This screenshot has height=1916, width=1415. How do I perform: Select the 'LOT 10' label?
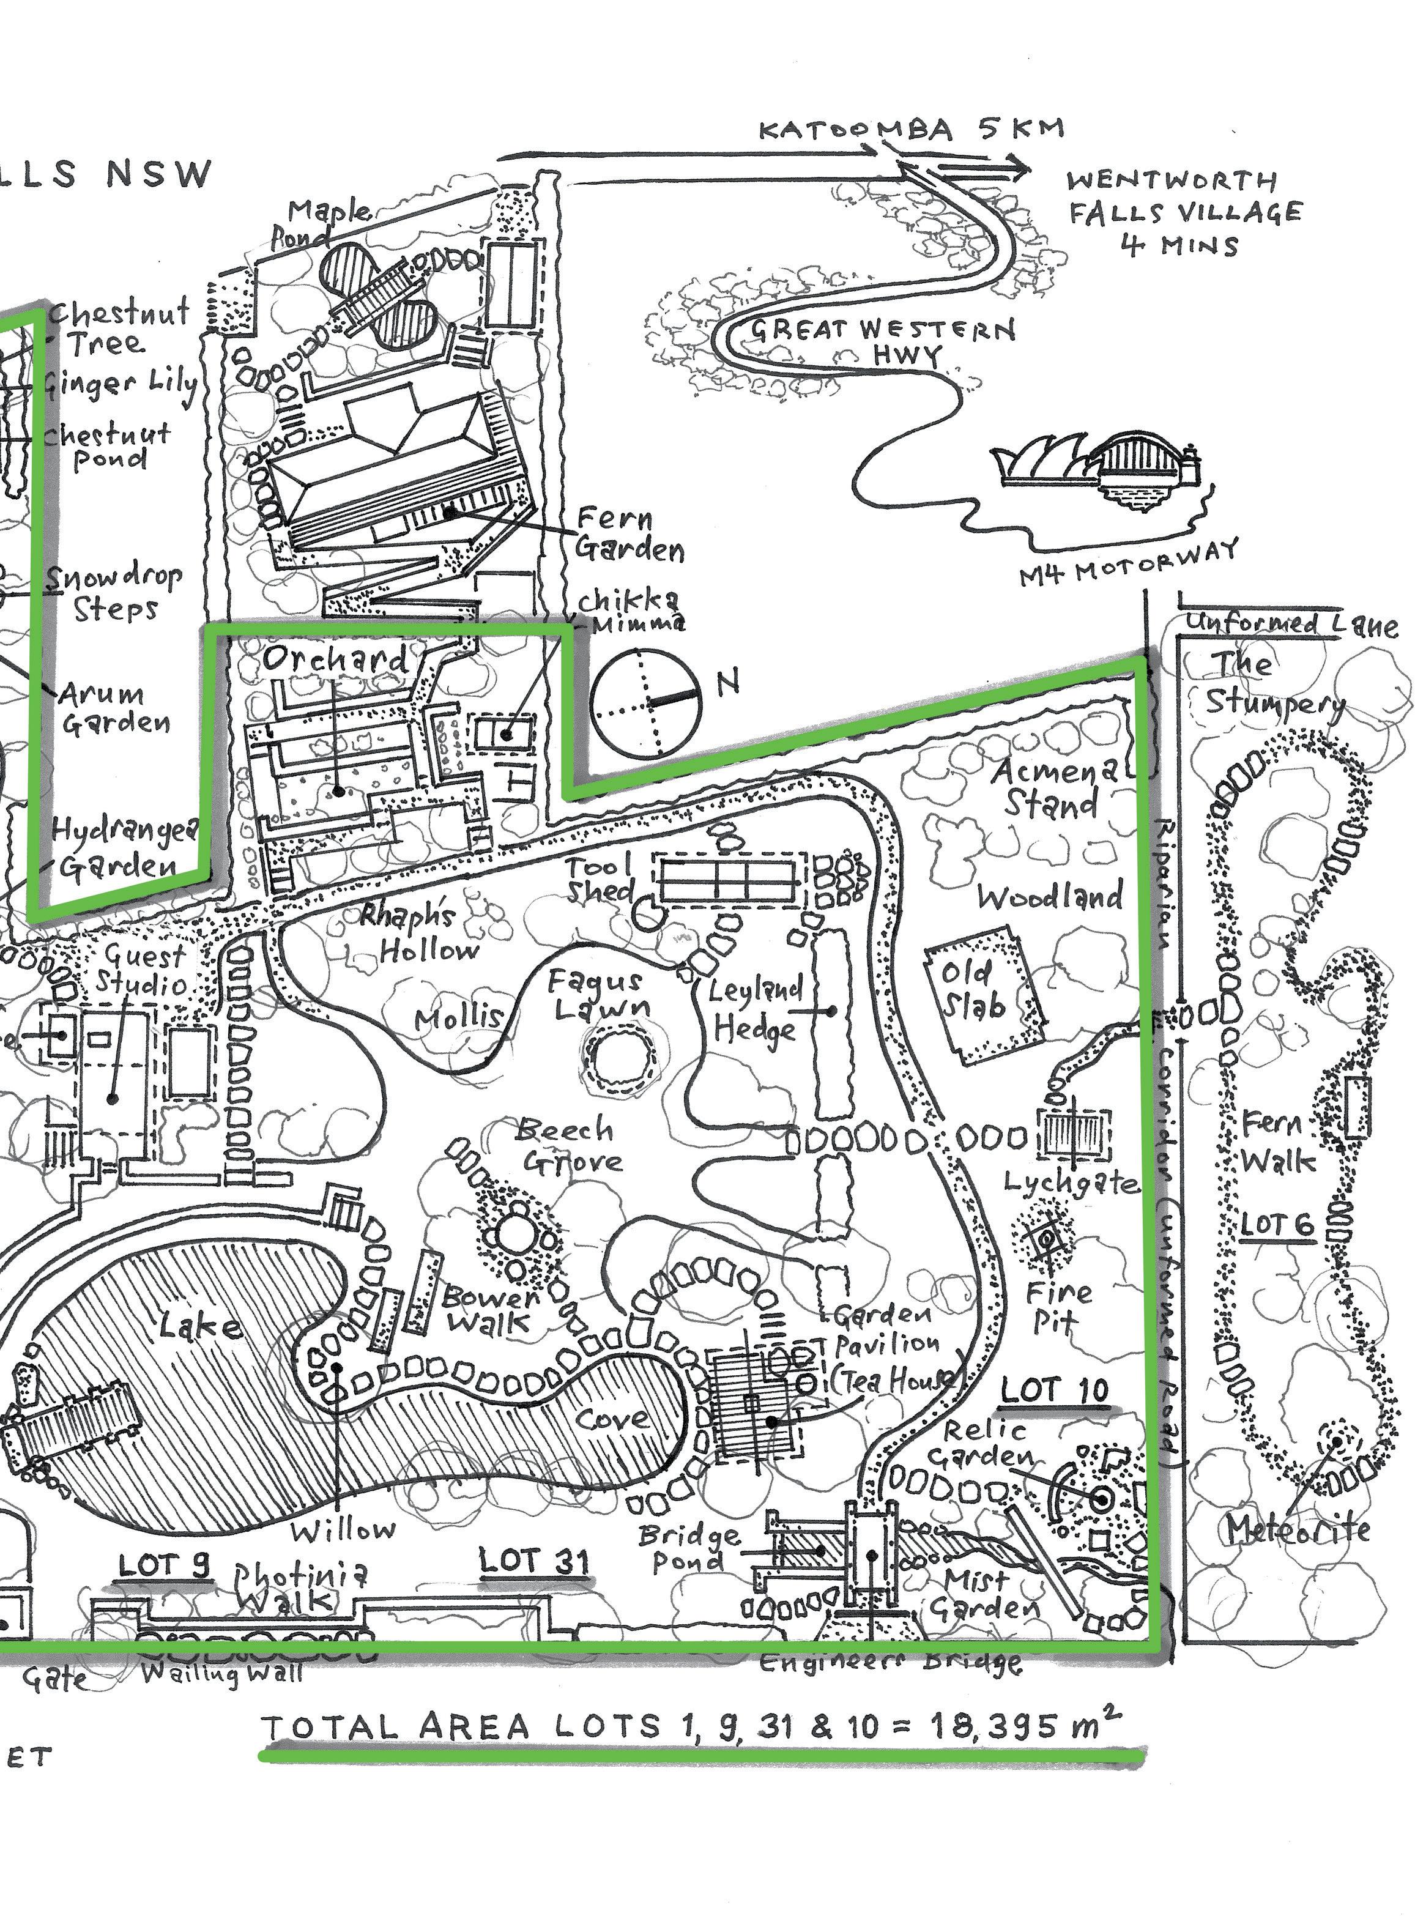point(1055,1391)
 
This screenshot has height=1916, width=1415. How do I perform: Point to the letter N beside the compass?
point(728,683)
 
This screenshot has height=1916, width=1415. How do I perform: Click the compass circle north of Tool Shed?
point(647,702)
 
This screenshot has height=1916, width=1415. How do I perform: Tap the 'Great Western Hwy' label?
point(882,341)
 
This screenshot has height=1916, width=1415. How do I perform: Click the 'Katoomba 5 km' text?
point(912,130)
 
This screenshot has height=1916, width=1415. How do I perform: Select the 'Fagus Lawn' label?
point(600,993)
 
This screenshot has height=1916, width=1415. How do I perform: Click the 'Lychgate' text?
point(1071,1184)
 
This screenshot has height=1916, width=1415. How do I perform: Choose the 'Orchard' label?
point(335,659)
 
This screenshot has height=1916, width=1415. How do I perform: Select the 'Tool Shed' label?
point(600,878)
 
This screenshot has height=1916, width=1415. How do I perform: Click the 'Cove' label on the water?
point(612,1419)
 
